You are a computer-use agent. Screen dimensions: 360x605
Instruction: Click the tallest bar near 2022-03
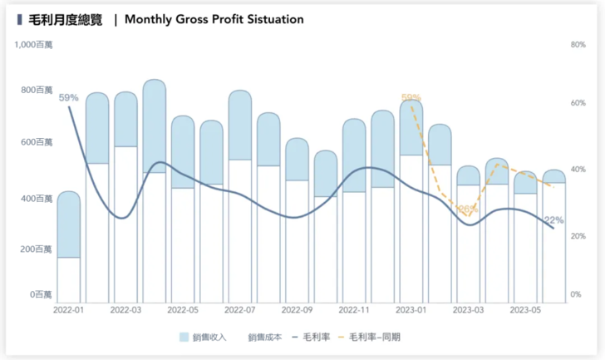point(155,191)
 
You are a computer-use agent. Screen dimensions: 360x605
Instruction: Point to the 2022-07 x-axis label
point(240,310)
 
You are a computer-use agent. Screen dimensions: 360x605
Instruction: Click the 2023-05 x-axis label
point(526,310)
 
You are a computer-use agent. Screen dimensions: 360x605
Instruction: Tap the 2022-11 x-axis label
point(354,310)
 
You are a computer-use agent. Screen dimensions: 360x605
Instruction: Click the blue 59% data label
point(69,98)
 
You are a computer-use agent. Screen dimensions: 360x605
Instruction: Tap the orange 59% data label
point(411,98)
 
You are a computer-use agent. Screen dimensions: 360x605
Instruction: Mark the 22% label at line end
point(554,221)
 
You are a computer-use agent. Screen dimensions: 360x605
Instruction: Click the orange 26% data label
point(466,209)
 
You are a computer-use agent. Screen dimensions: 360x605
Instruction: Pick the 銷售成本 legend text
point(265,338)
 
